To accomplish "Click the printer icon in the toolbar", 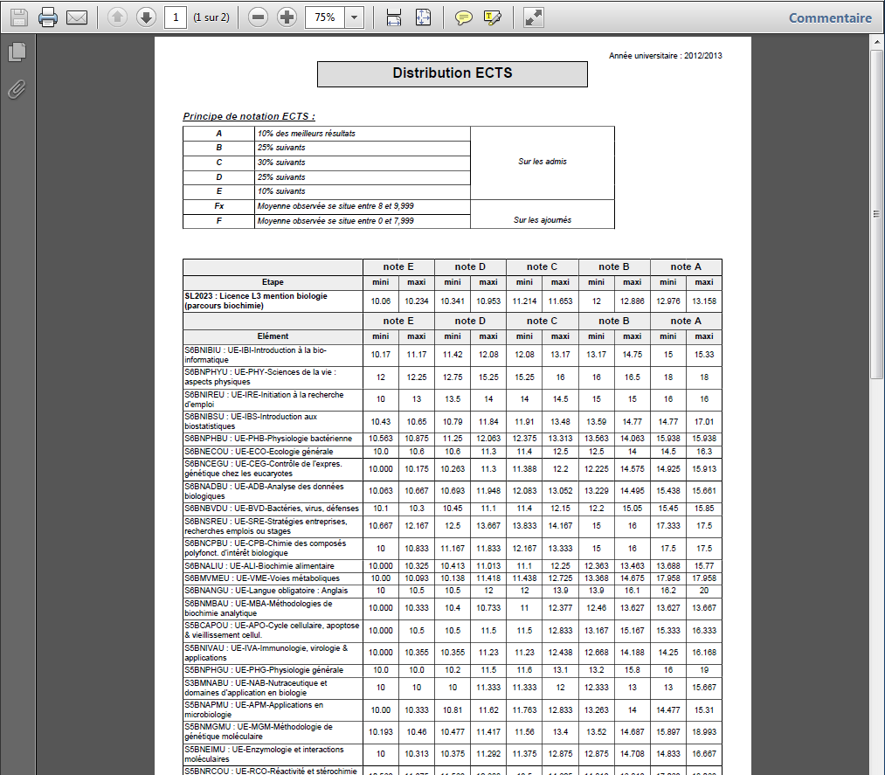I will coord(48,17).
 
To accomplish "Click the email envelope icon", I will coord(77,17).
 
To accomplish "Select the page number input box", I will coord(175,17).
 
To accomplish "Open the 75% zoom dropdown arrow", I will coord(354,17).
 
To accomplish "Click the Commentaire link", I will coord(830,17).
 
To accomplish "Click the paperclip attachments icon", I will coord(16,89).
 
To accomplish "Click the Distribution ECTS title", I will coord(452,73).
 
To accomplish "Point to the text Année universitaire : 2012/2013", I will coord(666,56).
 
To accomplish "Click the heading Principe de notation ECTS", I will coord(249,116).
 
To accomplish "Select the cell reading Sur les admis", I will coord(542,162).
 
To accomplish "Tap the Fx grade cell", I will coord(218,206).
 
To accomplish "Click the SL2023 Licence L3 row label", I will coord(256,301).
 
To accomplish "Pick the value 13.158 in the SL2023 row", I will coord(703,301).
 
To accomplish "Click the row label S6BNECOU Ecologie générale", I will coord(246,452).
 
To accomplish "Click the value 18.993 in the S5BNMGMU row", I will coord(703,732).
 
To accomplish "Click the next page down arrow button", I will coord(146,17).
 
